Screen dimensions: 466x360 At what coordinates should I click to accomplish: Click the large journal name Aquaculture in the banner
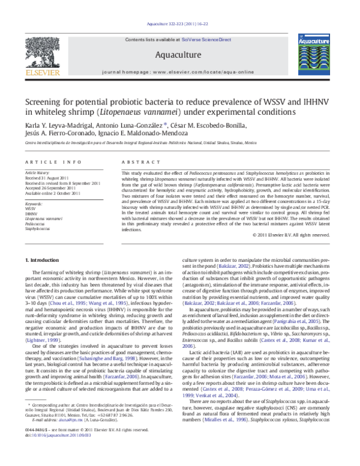point(180,56)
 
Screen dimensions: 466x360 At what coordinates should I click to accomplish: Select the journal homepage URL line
point(180,71)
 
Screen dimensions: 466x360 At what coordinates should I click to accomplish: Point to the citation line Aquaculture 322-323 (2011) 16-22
point(180,26)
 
